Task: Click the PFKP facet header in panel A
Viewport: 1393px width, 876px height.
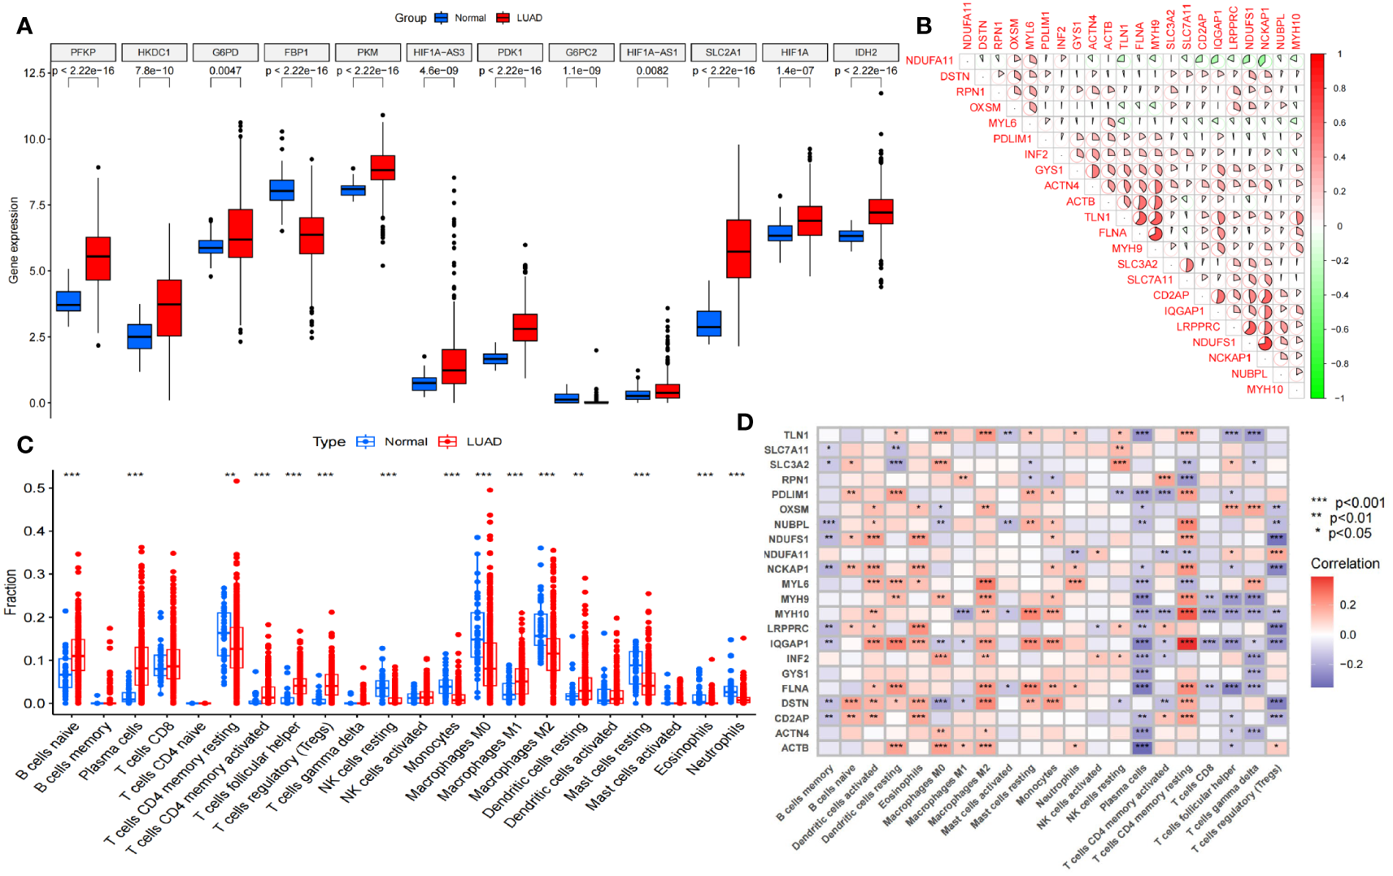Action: (83, 52)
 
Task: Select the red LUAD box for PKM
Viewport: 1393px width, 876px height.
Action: (382, 167)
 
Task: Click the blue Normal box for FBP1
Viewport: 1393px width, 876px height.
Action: (281, 190)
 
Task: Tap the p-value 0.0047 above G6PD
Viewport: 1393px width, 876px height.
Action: (225, 71)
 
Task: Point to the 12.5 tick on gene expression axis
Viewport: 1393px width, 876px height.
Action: (34, 73)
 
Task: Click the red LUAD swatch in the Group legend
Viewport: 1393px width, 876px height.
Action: (503, 18)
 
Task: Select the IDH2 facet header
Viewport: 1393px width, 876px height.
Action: (865, 52)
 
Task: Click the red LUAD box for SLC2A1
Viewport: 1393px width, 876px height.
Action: (738, 248)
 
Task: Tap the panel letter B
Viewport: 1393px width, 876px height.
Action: (924, 26)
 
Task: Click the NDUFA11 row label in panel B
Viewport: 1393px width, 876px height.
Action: (929, 60)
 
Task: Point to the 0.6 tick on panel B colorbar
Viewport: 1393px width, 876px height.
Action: (1339, 123)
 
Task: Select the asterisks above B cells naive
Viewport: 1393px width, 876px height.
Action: (72, 475)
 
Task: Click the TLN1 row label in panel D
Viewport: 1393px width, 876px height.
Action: (795, 435)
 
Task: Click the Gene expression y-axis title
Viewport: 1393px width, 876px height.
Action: (13, 241)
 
